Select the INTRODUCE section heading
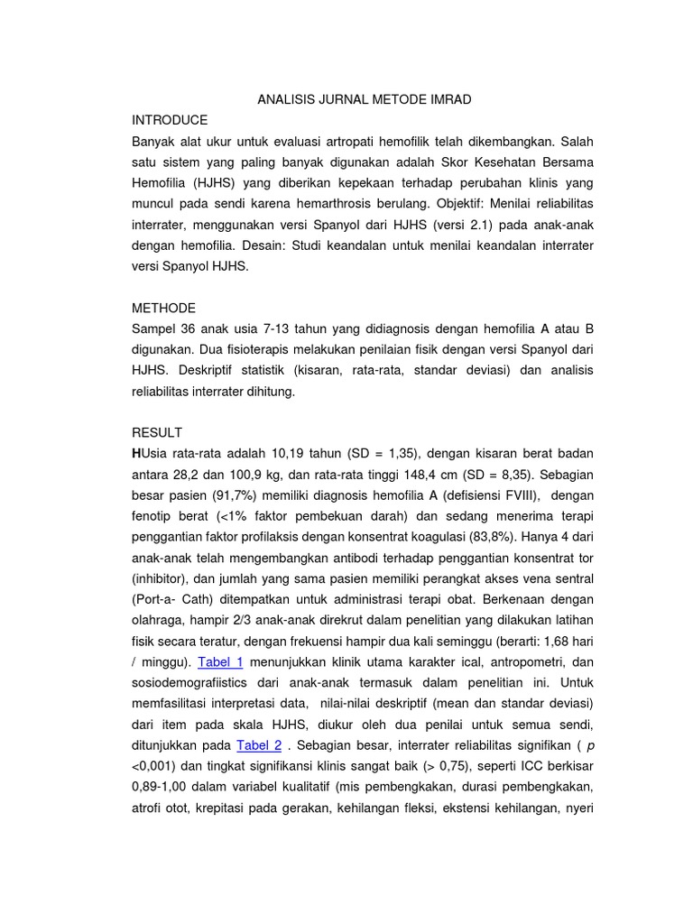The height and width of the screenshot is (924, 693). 170,120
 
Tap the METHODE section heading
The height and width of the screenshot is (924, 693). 163,308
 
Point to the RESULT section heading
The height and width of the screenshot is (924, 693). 156,432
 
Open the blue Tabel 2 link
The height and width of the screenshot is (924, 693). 259,744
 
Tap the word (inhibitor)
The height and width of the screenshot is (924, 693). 162,577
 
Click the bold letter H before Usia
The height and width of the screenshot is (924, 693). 136,453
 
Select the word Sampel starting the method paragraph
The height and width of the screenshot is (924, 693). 157,328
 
